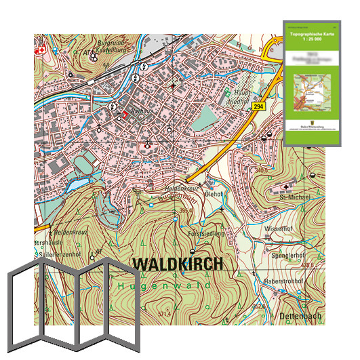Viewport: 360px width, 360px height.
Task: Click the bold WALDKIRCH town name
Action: (x=177, y=264)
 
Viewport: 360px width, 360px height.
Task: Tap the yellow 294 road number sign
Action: (x=258, y=107)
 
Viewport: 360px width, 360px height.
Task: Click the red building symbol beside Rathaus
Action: (x=124, y=115)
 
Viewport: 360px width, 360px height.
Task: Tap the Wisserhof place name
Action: (x=279, y=230)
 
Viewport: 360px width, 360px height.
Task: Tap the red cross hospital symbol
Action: (x=41, y=49)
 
